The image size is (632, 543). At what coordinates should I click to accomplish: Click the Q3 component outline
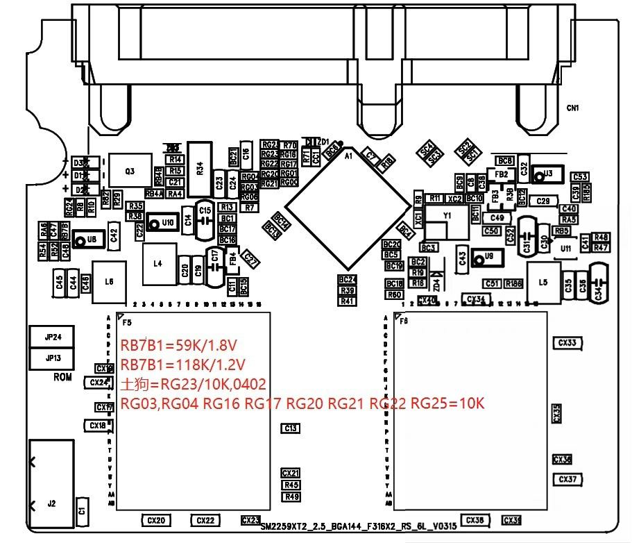coord(129,171)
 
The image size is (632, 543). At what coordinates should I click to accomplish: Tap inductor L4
coord(157,264)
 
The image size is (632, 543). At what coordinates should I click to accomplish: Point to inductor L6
coord(109,282)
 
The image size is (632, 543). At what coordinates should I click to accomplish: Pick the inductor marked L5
coord(543,283)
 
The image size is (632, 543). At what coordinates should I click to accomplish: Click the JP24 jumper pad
coord(53,337)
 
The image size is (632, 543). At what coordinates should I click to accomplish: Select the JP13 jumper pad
coord(53,358)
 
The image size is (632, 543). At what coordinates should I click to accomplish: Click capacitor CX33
coord(567,342)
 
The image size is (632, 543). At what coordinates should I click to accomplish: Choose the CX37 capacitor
coord(567,479)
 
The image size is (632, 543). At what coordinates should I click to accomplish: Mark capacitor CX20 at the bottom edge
coord(157,520)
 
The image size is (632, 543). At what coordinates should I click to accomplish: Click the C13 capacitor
coord(291,428)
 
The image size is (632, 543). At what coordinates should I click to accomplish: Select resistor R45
coord(291,485)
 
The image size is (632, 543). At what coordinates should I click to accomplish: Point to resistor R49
coord(291,496)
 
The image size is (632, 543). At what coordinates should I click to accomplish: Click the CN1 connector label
coord(572,108)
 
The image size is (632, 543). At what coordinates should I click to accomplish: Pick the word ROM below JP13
coord(62,378)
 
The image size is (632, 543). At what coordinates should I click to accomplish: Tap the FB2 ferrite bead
coord(501,174)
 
